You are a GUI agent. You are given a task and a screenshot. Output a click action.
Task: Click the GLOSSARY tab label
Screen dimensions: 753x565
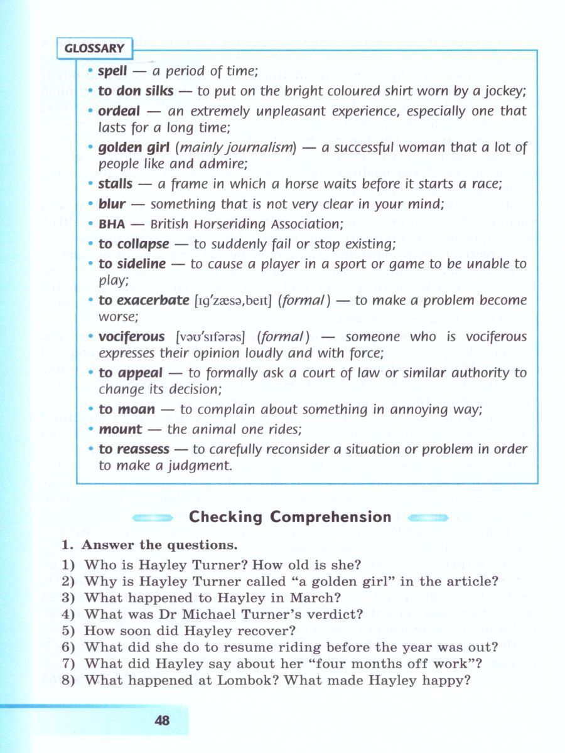pos(94,48)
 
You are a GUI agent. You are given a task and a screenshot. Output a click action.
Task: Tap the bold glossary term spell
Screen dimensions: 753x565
pos(112,71)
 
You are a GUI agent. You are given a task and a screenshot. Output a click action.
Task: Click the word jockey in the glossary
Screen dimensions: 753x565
pos(503,91)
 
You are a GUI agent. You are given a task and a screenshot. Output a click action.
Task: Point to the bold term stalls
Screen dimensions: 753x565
pos(116,184)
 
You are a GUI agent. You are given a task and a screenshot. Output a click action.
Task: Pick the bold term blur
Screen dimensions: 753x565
pos(112,203)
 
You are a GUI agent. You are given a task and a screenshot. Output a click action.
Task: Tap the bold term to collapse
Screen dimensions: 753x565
pos(134,243)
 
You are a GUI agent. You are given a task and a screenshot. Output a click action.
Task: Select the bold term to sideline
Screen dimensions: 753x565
pos(132,264)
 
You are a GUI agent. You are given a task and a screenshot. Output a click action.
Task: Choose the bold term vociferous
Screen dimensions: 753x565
pos(132,336)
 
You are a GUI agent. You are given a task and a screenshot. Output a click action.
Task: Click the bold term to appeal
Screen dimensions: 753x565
pos(130,373)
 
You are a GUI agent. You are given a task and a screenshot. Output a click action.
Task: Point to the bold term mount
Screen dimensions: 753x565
pos(121,429)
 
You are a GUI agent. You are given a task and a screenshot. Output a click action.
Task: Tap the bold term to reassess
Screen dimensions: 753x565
pos(134,449)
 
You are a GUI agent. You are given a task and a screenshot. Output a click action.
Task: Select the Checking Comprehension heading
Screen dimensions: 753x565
pos(290,517)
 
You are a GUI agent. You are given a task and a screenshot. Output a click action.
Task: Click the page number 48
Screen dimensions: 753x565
pos(162,720)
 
